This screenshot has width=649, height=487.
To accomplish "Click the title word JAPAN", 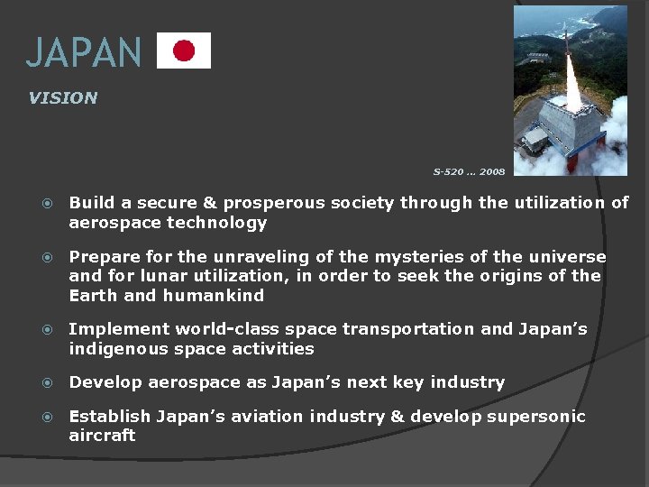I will point(84,52).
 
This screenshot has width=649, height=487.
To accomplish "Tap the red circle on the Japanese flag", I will point(184,51).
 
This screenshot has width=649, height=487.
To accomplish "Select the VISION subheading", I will point(62,98).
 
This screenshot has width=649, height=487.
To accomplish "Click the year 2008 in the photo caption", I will point(492,171).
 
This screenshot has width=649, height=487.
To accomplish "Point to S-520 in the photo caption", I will point(449,171).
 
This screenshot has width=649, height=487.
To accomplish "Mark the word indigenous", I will point(121,348).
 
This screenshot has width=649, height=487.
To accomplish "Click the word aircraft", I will point(102,436).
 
